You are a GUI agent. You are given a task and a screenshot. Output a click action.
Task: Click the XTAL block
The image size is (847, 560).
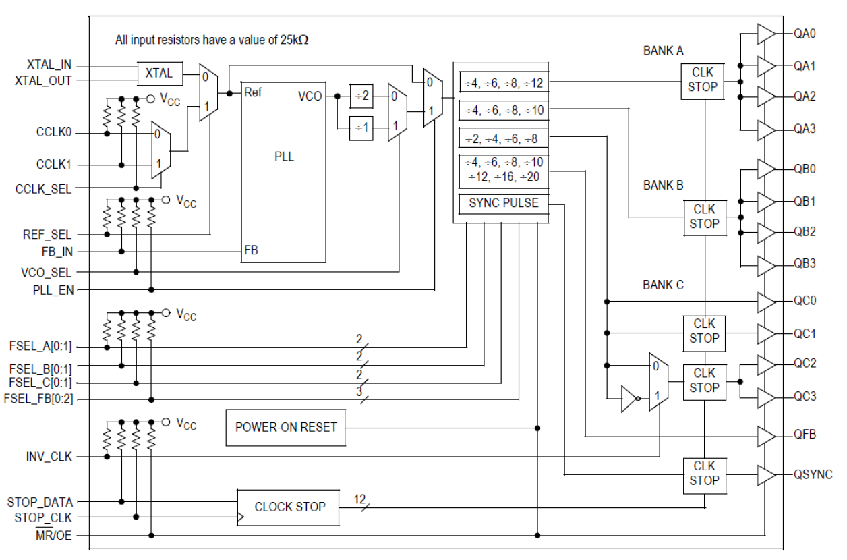(x=159, y=74)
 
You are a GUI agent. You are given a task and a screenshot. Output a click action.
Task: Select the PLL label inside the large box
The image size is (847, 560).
(x=285, y=157)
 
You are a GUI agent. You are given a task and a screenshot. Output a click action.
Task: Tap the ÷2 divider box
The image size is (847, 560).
(x=362, y=96)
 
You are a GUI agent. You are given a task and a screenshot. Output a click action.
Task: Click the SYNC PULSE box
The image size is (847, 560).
(x=504, y=202)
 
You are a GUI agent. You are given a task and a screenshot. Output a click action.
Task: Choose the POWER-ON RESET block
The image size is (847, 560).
(x=286, y=427)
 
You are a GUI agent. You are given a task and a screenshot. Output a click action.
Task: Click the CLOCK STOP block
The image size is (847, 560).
(x=289, y=507)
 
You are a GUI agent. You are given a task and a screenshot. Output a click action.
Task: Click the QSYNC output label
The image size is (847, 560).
(x=813, y=474)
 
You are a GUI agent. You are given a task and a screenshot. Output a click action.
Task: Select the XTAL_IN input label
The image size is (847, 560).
(x=49, y=65)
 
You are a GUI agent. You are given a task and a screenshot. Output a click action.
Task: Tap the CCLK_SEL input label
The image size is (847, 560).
(x=43, y=189)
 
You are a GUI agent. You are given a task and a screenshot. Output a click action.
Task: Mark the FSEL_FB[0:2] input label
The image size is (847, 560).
(x=38, y=399)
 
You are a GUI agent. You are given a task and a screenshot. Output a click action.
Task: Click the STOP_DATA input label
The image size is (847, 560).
(x=40, y=502)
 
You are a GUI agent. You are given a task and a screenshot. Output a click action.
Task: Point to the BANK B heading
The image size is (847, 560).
(x=663, y=186)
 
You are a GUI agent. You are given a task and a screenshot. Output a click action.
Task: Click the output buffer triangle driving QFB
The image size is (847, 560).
(x=766, y=437)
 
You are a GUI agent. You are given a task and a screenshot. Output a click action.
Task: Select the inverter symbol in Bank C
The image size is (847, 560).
(x=629, y=399)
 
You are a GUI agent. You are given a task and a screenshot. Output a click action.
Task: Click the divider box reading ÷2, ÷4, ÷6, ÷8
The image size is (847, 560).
(x=502, y=138)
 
